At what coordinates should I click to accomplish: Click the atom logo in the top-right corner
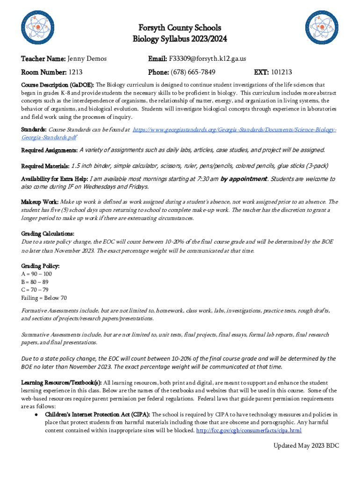click(324, 28)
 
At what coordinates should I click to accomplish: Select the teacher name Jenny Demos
click(87, 58)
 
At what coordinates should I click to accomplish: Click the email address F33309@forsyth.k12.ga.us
click(207, 58)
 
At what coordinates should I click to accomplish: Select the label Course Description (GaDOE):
click(58, 85)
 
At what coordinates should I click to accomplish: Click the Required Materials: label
click(45, 166)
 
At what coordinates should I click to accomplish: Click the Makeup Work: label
click(40, 202)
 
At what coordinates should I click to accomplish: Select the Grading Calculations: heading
click(48, 233)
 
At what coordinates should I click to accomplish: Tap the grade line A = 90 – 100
click(36, 274)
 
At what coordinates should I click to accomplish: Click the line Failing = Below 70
click(44, 298)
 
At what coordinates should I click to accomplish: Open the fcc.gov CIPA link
click(249, 430)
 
